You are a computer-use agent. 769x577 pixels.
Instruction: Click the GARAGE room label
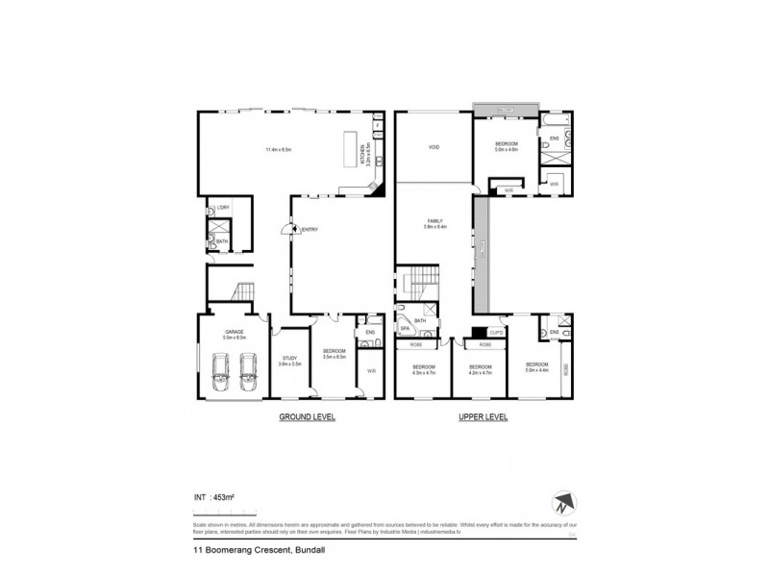tap(235, 332)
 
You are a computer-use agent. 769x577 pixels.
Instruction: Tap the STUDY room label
tap(289, 359)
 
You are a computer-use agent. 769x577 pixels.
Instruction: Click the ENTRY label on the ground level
tap(310, 229)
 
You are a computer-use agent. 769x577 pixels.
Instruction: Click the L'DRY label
tap(222, 209)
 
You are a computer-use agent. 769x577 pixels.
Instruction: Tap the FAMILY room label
tap(433, 222)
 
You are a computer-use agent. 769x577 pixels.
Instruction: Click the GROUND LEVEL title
tap(308, 417)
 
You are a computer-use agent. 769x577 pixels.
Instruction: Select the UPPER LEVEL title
tap(484, 417)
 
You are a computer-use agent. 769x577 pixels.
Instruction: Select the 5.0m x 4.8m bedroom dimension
tap(507, 149)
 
